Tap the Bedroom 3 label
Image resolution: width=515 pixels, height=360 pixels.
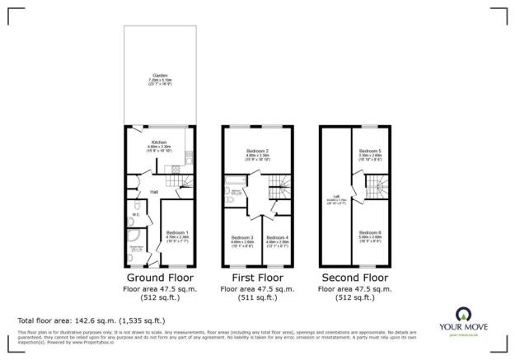pyautogui.click(x=242, y=238)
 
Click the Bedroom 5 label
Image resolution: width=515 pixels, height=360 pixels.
pyautogui.click(x=369, y=152)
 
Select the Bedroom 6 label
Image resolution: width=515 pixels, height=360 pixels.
pyautogui.click(x=369, y=233)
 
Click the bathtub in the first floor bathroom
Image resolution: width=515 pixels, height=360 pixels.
pyautogui.click(x=234, y=183)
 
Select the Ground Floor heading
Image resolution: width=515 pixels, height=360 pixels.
pyautogui.click(x=160, y=278)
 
